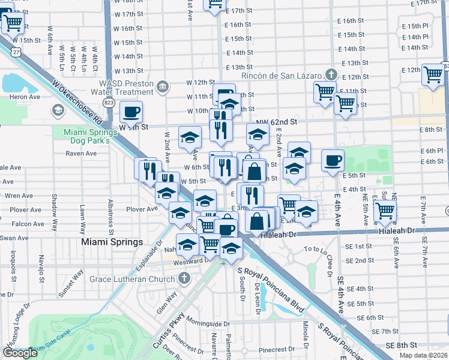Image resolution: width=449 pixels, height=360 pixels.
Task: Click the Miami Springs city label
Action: click(112, 242)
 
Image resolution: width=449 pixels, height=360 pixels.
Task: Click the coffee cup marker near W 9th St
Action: click(131, 111)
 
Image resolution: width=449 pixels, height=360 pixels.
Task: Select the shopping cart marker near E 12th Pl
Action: click(433, 75)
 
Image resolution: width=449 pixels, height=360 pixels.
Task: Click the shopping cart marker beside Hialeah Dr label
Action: click(385, 211)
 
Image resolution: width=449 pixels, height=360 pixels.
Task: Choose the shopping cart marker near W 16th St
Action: click(13, 25)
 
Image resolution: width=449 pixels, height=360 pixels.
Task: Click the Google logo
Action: click(20, 353)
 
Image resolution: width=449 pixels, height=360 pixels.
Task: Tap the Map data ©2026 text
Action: click(424, 356)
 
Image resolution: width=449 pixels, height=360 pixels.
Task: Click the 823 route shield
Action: click(109, 103)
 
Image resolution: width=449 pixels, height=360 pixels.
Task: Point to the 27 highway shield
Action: click(15, 53)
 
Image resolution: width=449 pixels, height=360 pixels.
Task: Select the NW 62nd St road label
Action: click(278, 121)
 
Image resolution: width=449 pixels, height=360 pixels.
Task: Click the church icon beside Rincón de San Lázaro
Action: click(330, 75)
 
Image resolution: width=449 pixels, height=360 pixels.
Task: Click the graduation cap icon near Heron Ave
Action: click(58, 110)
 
